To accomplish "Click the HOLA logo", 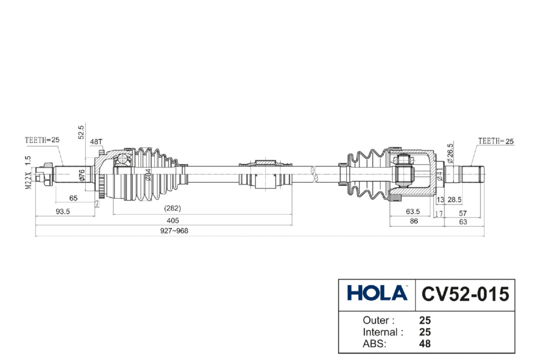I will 377,293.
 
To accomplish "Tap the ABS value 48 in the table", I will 425,344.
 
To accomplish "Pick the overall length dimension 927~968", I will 173,231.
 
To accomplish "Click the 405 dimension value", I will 173,220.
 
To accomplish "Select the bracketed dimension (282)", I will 172,208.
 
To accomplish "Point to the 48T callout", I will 96,141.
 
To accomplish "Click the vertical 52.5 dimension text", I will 81,132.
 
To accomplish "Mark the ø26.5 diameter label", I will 450,153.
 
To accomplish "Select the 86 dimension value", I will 414,221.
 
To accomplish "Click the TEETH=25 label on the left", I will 42,139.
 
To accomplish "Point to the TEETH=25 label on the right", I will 495,141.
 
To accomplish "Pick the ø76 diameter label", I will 82,174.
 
